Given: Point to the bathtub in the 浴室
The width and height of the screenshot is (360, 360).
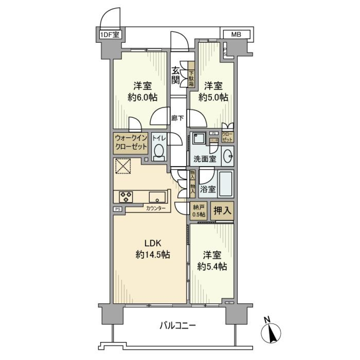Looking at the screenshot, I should [226, 184].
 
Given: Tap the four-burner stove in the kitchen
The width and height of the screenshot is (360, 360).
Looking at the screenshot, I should [126, 196].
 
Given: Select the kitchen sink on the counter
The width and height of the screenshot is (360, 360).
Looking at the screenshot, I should [157, 196].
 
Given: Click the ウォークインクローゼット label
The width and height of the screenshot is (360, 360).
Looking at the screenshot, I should [130, 143].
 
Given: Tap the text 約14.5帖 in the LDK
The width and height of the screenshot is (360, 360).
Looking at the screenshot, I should [153, 255].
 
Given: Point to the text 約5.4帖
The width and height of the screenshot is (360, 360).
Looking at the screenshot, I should [212, 267].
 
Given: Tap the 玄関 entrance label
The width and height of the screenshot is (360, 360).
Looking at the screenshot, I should [175, 75].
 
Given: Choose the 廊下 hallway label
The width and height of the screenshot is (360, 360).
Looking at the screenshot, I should [178, 118].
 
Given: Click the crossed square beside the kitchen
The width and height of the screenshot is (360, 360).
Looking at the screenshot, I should [124, 166].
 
